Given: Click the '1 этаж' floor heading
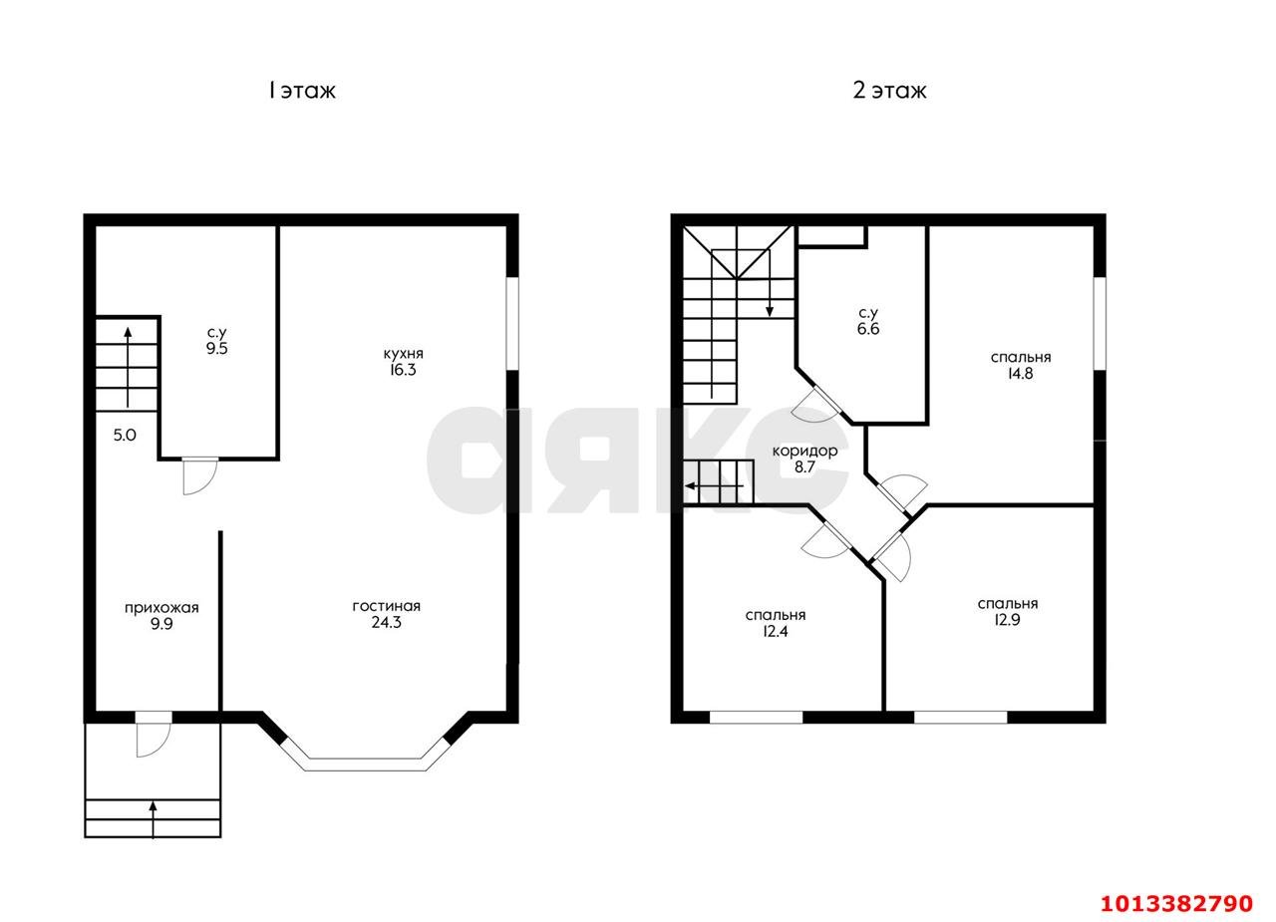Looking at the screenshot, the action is point(302,91).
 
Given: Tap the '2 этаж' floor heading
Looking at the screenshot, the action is point(889,91).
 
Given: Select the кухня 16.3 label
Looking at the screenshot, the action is point(403,362).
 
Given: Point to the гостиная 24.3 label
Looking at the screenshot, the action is point(386,614).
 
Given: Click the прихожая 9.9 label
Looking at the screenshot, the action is point(161,616).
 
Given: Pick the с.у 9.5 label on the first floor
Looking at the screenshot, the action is point(217,341).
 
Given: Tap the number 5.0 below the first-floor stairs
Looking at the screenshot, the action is point(125,436).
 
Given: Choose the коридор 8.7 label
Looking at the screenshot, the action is point(804,460).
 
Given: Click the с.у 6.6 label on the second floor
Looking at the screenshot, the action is point(868,321).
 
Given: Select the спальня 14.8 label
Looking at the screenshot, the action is point(1020,365).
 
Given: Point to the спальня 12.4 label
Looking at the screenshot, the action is point(776,623).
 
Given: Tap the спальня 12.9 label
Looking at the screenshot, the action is point(1008,612).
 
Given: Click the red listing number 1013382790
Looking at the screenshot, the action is point(1177,903).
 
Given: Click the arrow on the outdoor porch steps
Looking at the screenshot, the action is point(153,819).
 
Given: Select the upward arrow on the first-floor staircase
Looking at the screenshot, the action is point(128,368).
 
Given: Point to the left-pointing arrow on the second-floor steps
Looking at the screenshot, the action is point(714,486).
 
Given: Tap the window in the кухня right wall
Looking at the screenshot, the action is point(512,324).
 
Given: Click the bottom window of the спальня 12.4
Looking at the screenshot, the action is point(756,717).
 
